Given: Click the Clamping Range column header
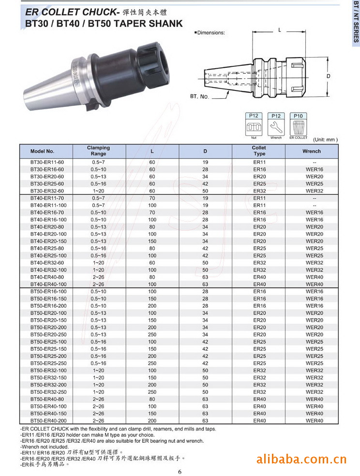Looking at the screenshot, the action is coord(98,151).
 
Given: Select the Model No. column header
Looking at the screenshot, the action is coord(42,151).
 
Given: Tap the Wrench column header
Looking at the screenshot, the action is coord(312,151).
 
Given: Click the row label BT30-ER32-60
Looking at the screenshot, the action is coord(47,191).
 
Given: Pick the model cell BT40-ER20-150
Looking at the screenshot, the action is coord(48,241).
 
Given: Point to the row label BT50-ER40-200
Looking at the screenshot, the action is coord(48,421).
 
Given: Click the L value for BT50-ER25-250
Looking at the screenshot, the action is coord(152,363).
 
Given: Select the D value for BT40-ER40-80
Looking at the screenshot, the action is coord(205,277).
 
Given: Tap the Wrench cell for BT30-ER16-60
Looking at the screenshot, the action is coord(315,169).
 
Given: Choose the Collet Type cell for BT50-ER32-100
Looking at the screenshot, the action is coord(259,371).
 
